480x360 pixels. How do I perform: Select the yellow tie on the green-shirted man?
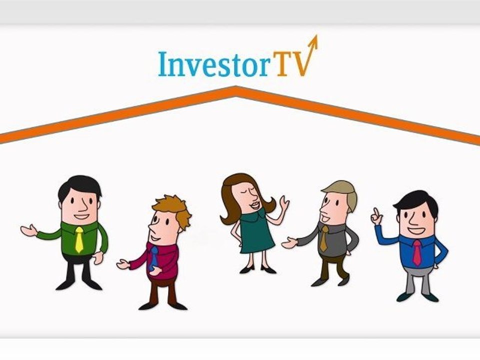[79, 239]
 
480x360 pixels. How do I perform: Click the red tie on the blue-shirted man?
[416, 252]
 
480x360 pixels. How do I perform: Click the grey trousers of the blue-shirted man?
[417, 282]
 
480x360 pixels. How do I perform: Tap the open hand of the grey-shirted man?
[289, 243]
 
